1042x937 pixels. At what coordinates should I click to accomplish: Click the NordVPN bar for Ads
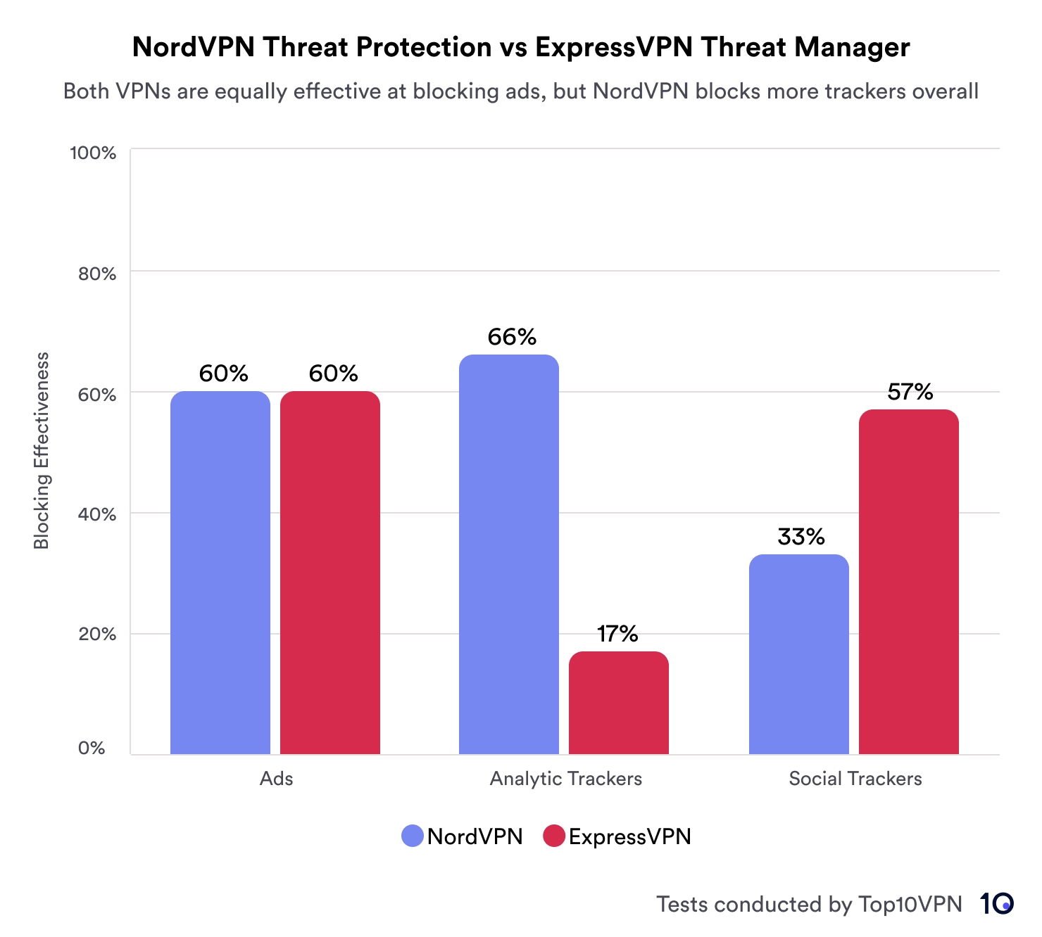coord(220,573)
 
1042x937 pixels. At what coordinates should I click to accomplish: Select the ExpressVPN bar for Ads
coord(330,573)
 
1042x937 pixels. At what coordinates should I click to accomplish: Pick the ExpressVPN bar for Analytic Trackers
coord(619,703)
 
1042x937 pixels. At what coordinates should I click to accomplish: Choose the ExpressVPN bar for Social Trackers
coord(909,582)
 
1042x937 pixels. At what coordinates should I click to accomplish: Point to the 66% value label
coord(512,338)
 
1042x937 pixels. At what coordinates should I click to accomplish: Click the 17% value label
coord(617,635)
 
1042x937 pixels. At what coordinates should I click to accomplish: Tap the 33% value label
coord(801,537)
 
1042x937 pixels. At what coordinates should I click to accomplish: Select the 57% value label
coord(910,392)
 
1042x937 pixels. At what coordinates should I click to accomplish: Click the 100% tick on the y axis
coord(93,153)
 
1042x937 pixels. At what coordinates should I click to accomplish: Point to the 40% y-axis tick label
coord(97,514)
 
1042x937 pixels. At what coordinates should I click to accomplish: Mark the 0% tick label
coord(92,748)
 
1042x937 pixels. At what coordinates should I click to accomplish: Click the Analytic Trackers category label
coord(566,779)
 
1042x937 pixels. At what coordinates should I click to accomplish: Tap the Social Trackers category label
coord(855,779)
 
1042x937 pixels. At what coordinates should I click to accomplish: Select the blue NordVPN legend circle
coord(413,836)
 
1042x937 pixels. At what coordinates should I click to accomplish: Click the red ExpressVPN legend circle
coord(555,836)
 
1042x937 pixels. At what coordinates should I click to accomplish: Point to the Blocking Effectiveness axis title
coord(42,450)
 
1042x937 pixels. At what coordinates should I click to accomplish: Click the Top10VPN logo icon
coord(996,904)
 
